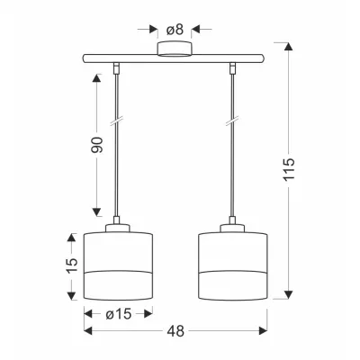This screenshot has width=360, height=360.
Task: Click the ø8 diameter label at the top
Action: pyautogui.click(x=175, y=30)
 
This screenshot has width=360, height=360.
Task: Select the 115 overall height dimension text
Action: pyautogui.click(x=290, y=169)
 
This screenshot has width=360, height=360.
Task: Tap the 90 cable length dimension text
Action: pyautogui.click(x=97, y=145)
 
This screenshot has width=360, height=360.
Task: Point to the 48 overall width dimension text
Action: pyautogui.click(x=176, y=331)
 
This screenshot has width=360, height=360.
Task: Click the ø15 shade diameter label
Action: pyautogui.click(x=119, y=314)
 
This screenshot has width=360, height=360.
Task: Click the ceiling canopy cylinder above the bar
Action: pyautogui.click(x=175, y=49)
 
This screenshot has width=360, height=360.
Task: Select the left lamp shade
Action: pyautogui.click(x=118, y=265)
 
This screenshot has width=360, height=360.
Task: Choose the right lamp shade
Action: pyautogui.click(x=233, y=265)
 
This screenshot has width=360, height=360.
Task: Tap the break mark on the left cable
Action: pyautogui.click(x=116, y=121)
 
